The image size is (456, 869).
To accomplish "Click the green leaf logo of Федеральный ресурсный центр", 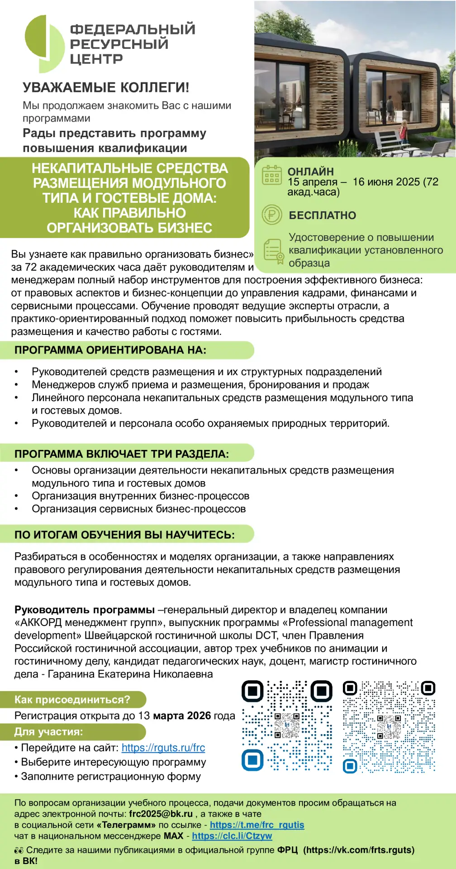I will [x=44, y=43].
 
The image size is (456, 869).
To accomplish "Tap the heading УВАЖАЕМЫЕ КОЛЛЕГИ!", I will [x=106, y=87].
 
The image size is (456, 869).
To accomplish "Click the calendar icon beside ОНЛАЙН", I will [x=271, y=175].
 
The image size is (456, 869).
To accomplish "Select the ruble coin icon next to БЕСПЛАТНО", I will [x=271, y=215].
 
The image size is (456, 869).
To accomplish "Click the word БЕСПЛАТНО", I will [x=322, y=215].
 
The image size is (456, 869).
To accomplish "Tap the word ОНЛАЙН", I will [x=311, y=172].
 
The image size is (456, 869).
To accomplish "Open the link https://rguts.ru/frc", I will [x=163, y=748].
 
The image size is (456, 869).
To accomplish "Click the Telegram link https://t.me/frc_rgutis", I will [x=257, y=825].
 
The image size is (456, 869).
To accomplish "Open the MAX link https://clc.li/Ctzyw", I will [x=232, y=836].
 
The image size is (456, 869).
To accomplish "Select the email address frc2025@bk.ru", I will [x=161, y=813].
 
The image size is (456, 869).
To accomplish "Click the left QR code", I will [x=287, y=726].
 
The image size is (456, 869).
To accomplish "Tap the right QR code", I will [x=389, y=726].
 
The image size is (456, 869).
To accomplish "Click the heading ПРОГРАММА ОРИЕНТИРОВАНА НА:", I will [x=110, y=350].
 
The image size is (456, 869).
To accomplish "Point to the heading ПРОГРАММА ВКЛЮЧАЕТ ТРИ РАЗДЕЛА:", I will [x=122, y=454].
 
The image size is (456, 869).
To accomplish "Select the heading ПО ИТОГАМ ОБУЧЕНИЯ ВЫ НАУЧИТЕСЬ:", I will [x=124, y=535].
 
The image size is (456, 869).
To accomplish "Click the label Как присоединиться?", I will [x=72, y=700].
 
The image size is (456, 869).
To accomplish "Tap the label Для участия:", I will [x=48, y=731].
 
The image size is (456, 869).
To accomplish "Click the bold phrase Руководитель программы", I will [x=85, y=610].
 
